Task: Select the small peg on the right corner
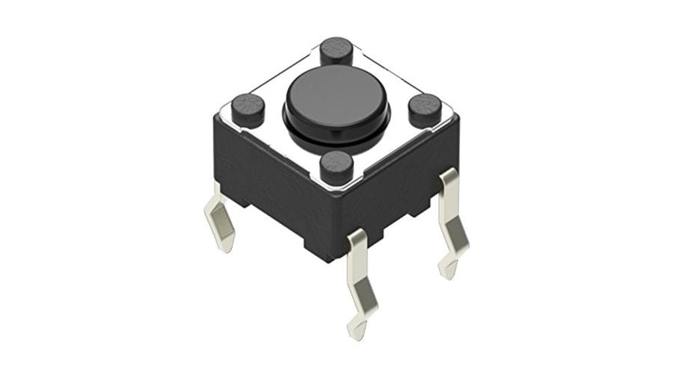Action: point(425,109)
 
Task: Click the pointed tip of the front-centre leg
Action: point(357,333)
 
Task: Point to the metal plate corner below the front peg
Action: point(336,187)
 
